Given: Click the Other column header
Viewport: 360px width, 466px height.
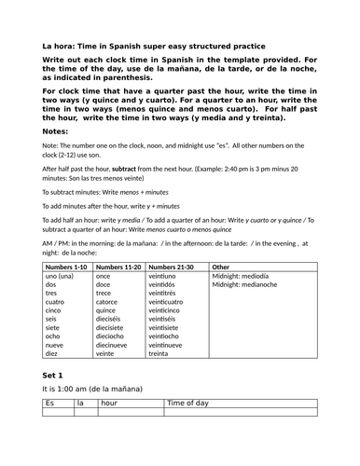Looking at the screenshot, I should click(223, 267).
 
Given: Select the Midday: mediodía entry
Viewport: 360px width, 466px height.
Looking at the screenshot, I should click(242, 277).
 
